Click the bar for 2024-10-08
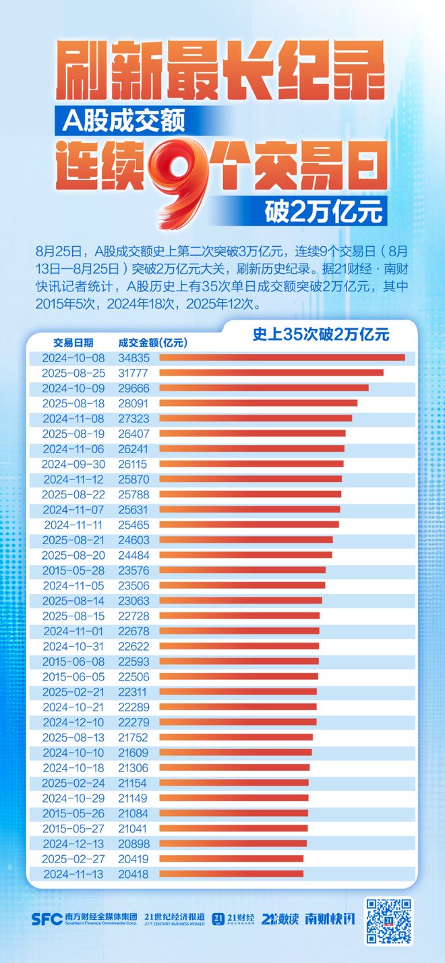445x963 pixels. (x=282, y=357)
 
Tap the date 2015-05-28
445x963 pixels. (x=73, y=570)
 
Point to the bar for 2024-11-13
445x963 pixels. (x=231, y=873)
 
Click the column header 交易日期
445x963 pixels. (x=73, y=342)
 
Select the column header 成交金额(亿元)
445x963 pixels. (x=152, y=342)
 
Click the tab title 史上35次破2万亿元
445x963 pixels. (x=320, y=333)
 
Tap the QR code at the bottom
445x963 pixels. (x=388, y=920)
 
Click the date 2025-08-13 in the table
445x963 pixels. (x=73, y=737)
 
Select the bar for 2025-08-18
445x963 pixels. (x=258, y=403)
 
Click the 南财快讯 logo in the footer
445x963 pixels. (x=330, y=918)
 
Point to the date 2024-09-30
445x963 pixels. (x=73, y=464)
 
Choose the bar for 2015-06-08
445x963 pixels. (x=239, y=661)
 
